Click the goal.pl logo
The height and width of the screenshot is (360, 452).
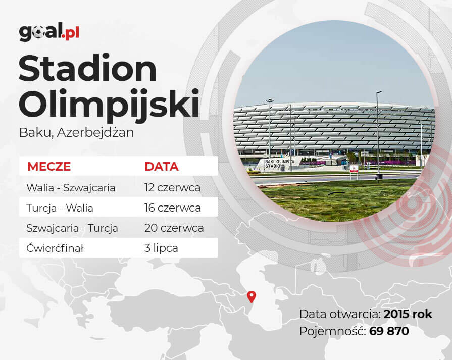click(x=49, y=32)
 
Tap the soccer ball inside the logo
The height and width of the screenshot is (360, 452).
click(x=38, y=33)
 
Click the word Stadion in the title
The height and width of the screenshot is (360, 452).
click(x=88, y=69)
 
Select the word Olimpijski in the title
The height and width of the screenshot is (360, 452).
click(x=109, y=105)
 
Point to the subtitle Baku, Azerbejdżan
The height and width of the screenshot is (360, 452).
click(x=76, y=133)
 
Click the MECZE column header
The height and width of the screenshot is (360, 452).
click(x=49, y=167)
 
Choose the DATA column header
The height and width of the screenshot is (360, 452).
click(x=162, y=167)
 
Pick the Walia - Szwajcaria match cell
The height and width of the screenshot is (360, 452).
click(x=71, y=188)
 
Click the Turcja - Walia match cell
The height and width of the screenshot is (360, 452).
click(x=60, y=208)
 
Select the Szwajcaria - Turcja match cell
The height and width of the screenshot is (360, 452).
click(x=72, y=228)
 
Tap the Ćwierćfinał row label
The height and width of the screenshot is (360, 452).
click(x=55, y=248)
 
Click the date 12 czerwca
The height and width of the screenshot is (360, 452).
click(x=172, y=188)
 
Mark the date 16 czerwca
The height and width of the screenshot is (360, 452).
click(x=173, y=208)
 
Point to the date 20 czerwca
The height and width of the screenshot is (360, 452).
click(x=174, y=228)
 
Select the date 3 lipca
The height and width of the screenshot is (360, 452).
click(x=161, y=248)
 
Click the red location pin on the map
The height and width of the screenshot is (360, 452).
click(x=252, y=296)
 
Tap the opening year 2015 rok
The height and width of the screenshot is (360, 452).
click(x=408, y=314)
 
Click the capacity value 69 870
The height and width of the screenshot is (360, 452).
click(x=389, y=331)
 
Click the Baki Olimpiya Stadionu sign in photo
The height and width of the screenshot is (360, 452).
click(x=279, y=164)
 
